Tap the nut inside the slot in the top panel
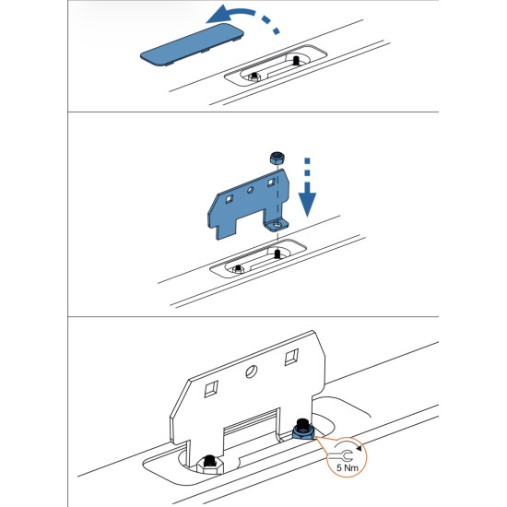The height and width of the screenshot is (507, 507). [252, 76]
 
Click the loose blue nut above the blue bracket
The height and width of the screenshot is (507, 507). [274, 159]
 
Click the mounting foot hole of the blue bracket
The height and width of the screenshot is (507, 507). [273, 224]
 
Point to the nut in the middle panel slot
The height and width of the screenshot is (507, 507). [239, 268]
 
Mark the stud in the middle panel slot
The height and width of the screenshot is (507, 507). [277, 254]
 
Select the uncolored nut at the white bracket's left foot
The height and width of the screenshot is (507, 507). [210, 462]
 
